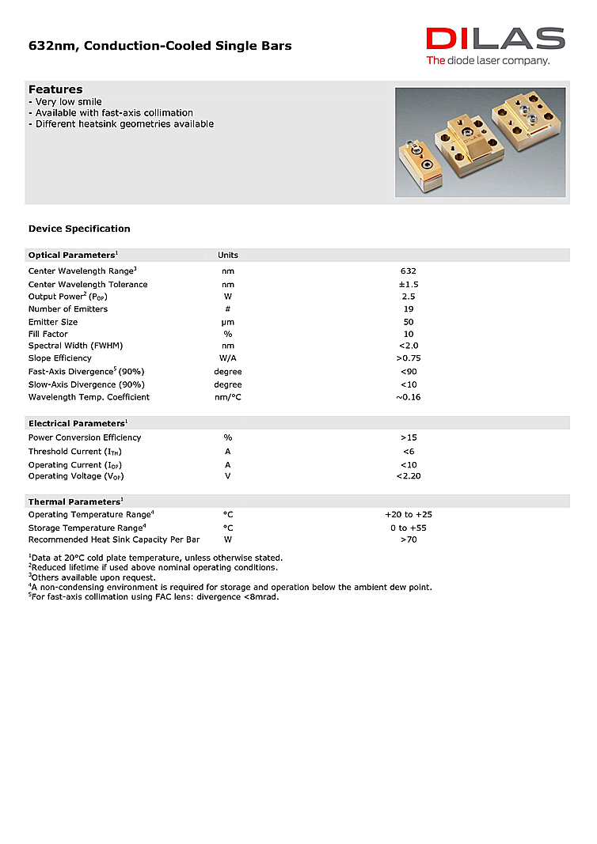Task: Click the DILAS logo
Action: click(495, 39)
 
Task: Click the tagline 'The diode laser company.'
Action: click(488, 61)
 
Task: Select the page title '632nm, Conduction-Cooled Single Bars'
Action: click(160, 46)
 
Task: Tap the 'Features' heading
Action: click(55, 89)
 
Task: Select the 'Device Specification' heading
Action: click(79, 229)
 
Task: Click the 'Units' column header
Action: click(228, 255)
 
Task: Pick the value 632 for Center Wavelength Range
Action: click(408, 271)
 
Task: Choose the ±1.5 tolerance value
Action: click(408, 284)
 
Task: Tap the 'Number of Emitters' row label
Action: click(68, 309)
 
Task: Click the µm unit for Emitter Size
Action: click(228, 322)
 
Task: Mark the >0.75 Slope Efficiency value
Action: click(408, 358)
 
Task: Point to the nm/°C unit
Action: click(228, 397)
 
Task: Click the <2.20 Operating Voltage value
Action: click(408, 476)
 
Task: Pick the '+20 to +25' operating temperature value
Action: click(408, 515)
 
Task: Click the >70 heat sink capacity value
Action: click(408, 539)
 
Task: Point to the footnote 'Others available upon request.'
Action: click(93, 577)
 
